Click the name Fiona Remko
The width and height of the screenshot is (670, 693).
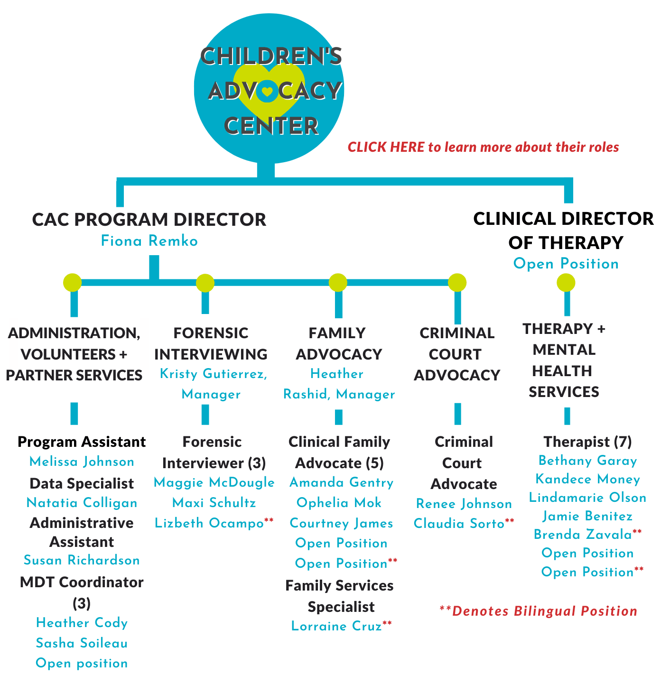(x=149, y=241)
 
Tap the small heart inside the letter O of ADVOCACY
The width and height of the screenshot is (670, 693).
(x=267, y=92)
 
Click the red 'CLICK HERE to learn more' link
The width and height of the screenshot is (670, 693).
(x=483, y=147)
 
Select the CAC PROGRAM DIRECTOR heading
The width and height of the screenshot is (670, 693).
(x=149, y=219)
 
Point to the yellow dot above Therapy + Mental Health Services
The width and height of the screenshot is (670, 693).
(x=566, y=283)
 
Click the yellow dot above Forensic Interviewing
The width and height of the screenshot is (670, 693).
(x=205, y=283)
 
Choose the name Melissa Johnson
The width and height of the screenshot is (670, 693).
(x=82, y=462)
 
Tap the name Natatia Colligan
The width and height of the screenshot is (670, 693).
(x=82, y=503)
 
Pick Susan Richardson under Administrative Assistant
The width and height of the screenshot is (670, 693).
(x=82, y=560)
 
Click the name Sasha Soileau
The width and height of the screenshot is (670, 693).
(x=82, y=643)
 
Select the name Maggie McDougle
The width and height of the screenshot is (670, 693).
(x=214, y=482)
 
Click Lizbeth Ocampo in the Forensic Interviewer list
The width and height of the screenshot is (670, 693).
(x=209, y=523)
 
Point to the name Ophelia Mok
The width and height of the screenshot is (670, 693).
(x=339, y=502)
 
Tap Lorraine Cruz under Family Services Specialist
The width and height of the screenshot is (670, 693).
(x=336, y=626)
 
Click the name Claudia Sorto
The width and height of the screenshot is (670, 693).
(x=459, y=524)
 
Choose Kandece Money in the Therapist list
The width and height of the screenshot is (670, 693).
(x=588, y=479)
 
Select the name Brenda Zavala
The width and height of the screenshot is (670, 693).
(x=583, y=534)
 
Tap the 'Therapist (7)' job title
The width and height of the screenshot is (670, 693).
(x=587, y=442)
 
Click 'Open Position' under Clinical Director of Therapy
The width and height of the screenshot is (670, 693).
(x=566, y=264)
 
